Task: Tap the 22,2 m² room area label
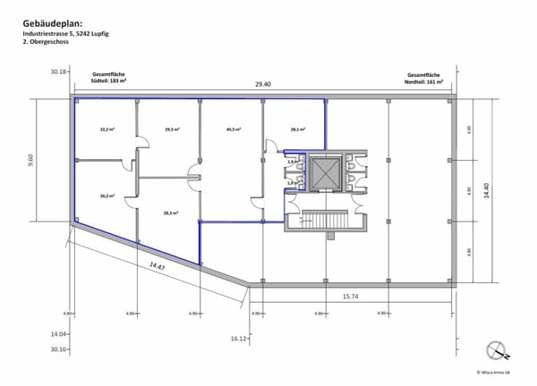point(106,130)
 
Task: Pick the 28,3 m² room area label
point(172,213)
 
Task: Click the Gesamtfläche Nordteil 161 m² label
point(426,78)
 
